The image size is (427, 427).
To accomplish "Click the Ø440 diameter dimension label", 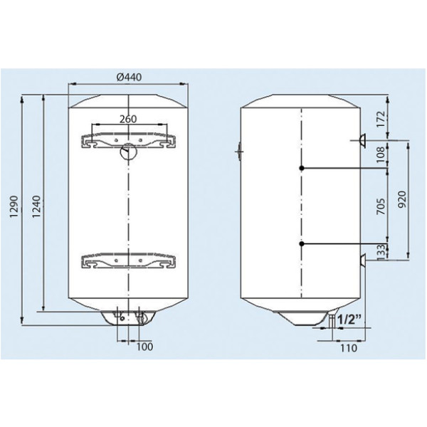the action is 129,77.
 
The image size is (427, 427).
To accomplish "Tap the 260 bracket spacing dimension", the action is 128,119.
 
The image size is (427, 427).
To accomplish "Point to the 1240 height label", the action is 36,206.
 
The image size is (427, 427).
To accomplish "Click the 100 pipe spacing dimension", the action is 144,347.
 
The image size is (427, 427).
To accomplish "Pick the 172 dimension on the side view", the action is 381,119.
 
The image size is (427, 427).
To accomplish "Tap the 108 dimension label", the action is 381,154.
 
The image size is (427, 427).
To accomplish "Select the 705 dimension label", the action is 381,206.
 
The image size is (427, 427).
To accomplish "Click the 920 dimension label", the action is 403,199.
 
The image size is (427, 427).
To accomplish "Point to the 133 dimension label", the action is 381,251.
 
